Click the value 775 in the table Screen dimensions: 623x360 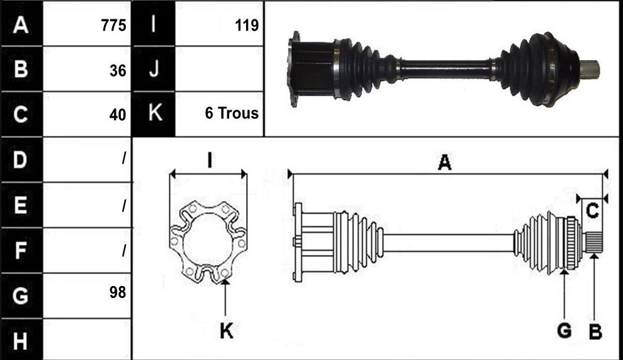(113, 26)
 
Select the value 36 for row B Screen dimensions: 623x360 (118, 71)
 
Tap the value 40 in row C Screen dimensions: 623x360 (118, 115)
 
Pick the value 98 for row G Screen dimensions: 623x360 (118, 292)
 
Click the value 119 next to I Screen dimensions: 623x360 (247, 26)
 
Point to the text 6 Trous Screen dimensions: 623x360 (232, 113)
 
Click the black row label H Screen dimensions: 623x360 (21, 341)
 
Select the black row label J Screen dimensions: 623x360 (153, 68)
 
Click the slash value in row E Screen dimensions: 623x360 (124, 205)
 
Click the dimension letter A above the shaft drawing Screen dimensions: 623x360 (445, 162)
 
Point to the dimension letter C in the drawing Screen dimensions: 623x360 (592, 210)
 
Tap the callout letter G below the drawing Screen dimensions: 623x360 (564, 331)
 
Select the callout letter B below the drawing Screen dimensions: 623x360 (595, 331)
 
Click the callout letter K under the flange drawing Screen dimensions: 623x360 (227, 331)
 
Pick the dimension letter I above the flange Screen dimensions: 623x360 (209, 160)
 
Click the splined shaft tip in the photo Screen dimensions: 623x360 (590, 69)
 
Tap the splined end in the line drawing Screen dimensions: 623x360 (594, 242)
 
